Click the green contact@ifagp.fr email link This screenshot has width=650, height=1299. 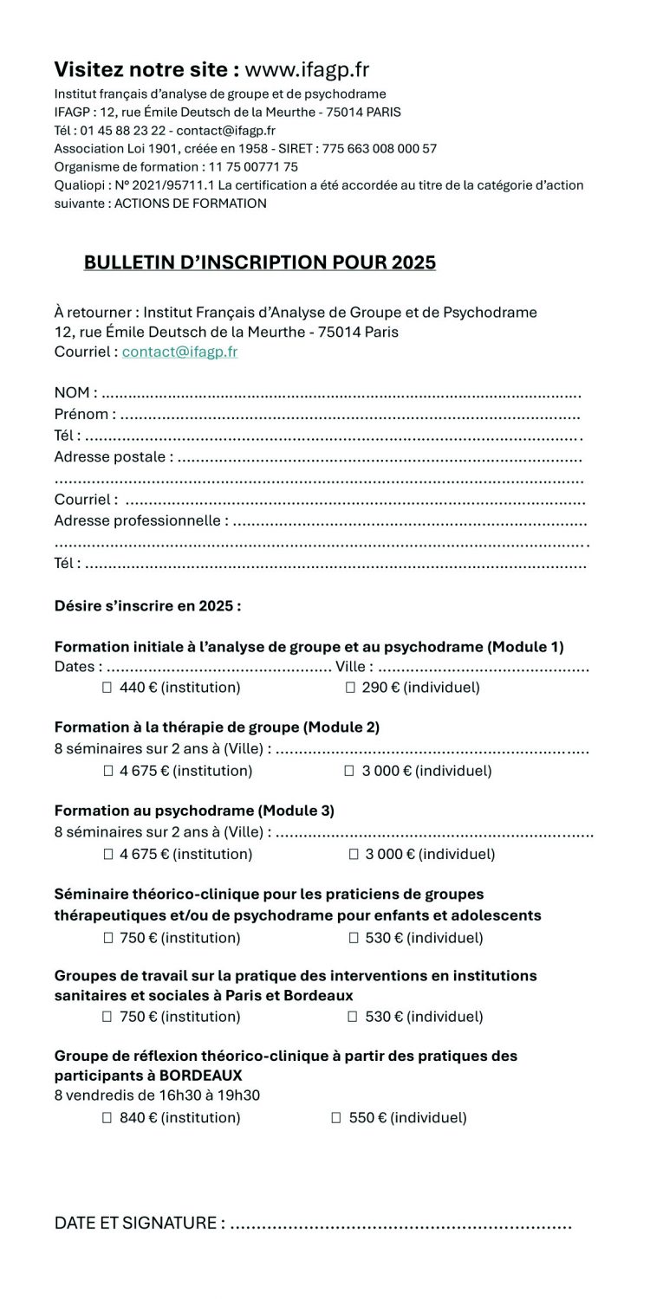(x=179, y=352)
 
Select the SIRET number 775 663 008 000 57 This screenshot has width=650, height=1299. (x=380, y=149)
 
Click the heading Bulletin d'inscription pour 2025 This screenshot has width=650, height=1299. (x=259, y=262)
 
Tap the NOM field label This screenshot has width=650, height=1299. (x=72, y=393)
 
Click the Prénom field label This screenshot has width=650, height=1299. (x=81, y=415)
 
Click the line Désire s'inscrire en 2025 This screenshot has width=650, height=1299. (x=147, y=606)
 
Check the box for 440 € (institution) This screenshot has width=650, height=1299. (x=108, y=688)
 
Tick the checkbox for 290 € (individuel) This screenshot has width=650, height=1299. (x=351, y=688)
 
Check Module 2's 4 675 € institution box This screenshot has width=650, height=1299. (x=108, y=771)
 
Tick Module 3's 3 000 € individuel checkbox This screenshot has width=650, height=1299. (x=354, y=855)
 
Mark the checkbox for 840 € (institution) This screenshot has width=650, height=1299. (x=108, y=1118)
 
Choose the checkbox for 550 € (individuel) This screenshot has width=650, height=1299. (x=337, y=1118)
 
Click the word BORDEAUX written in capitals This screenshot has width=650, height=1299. (x=201, y=1076)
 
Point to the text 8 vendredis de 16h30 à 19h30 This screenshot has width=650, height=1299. (x=157, y=1095)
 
